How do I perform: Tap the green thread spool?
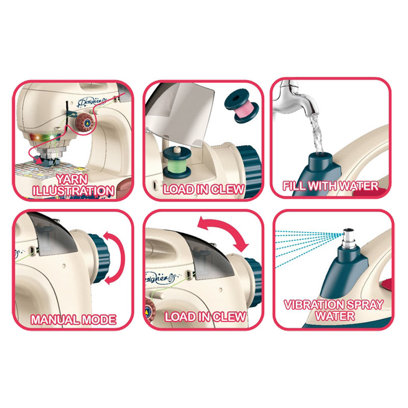pyautogui.click(x=177, y=162)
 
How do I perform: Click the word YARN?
pyautogui.click(x=72, y=180)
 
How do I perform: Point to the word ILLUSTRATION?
pyautogui.click(x=73, y=191)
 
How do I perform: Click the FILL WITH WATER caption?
pyautogui.click(x=330, y=186)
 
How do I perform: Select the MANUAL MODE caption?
pyautogui.click(x=73, y=320)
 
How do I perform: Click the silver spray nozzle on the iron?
pyautogui.click(x=348, y=238)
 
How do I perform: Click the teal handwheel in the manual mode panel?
pyautogui.click(x=99, y=258)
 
